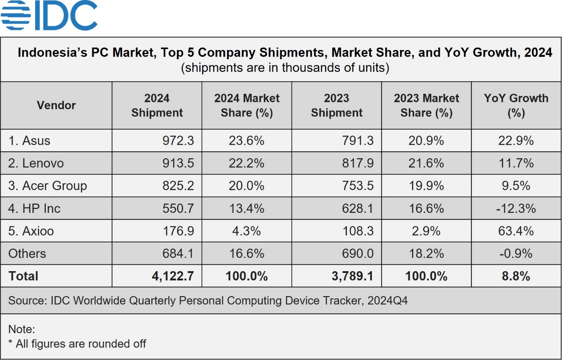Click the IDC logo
(49, 16)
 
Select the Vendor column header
(56, 106)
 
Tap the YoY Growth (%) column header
(516, 106)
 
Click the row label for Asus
(29, 141)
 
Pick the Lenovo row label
(36, 163)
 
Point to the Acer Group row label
(48, 186)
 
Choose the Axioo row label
(31, 231)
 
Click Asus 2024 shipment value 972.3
(178, 141)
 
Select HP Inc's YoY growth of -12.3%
(516, 209)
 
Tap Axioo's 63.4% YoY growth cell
(516, 231)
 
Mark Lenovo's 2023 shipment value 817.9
(358, 163)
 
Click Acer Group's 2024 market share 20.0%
(247, 186)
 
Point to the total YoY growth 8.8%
(516, 277)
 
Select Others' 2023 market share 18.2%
(426, 254)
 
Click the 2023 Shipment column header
(336, 106)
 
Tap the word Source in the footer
(25, 301)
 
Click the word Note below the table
(21, 330)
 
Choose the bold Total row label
(23, 277)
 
